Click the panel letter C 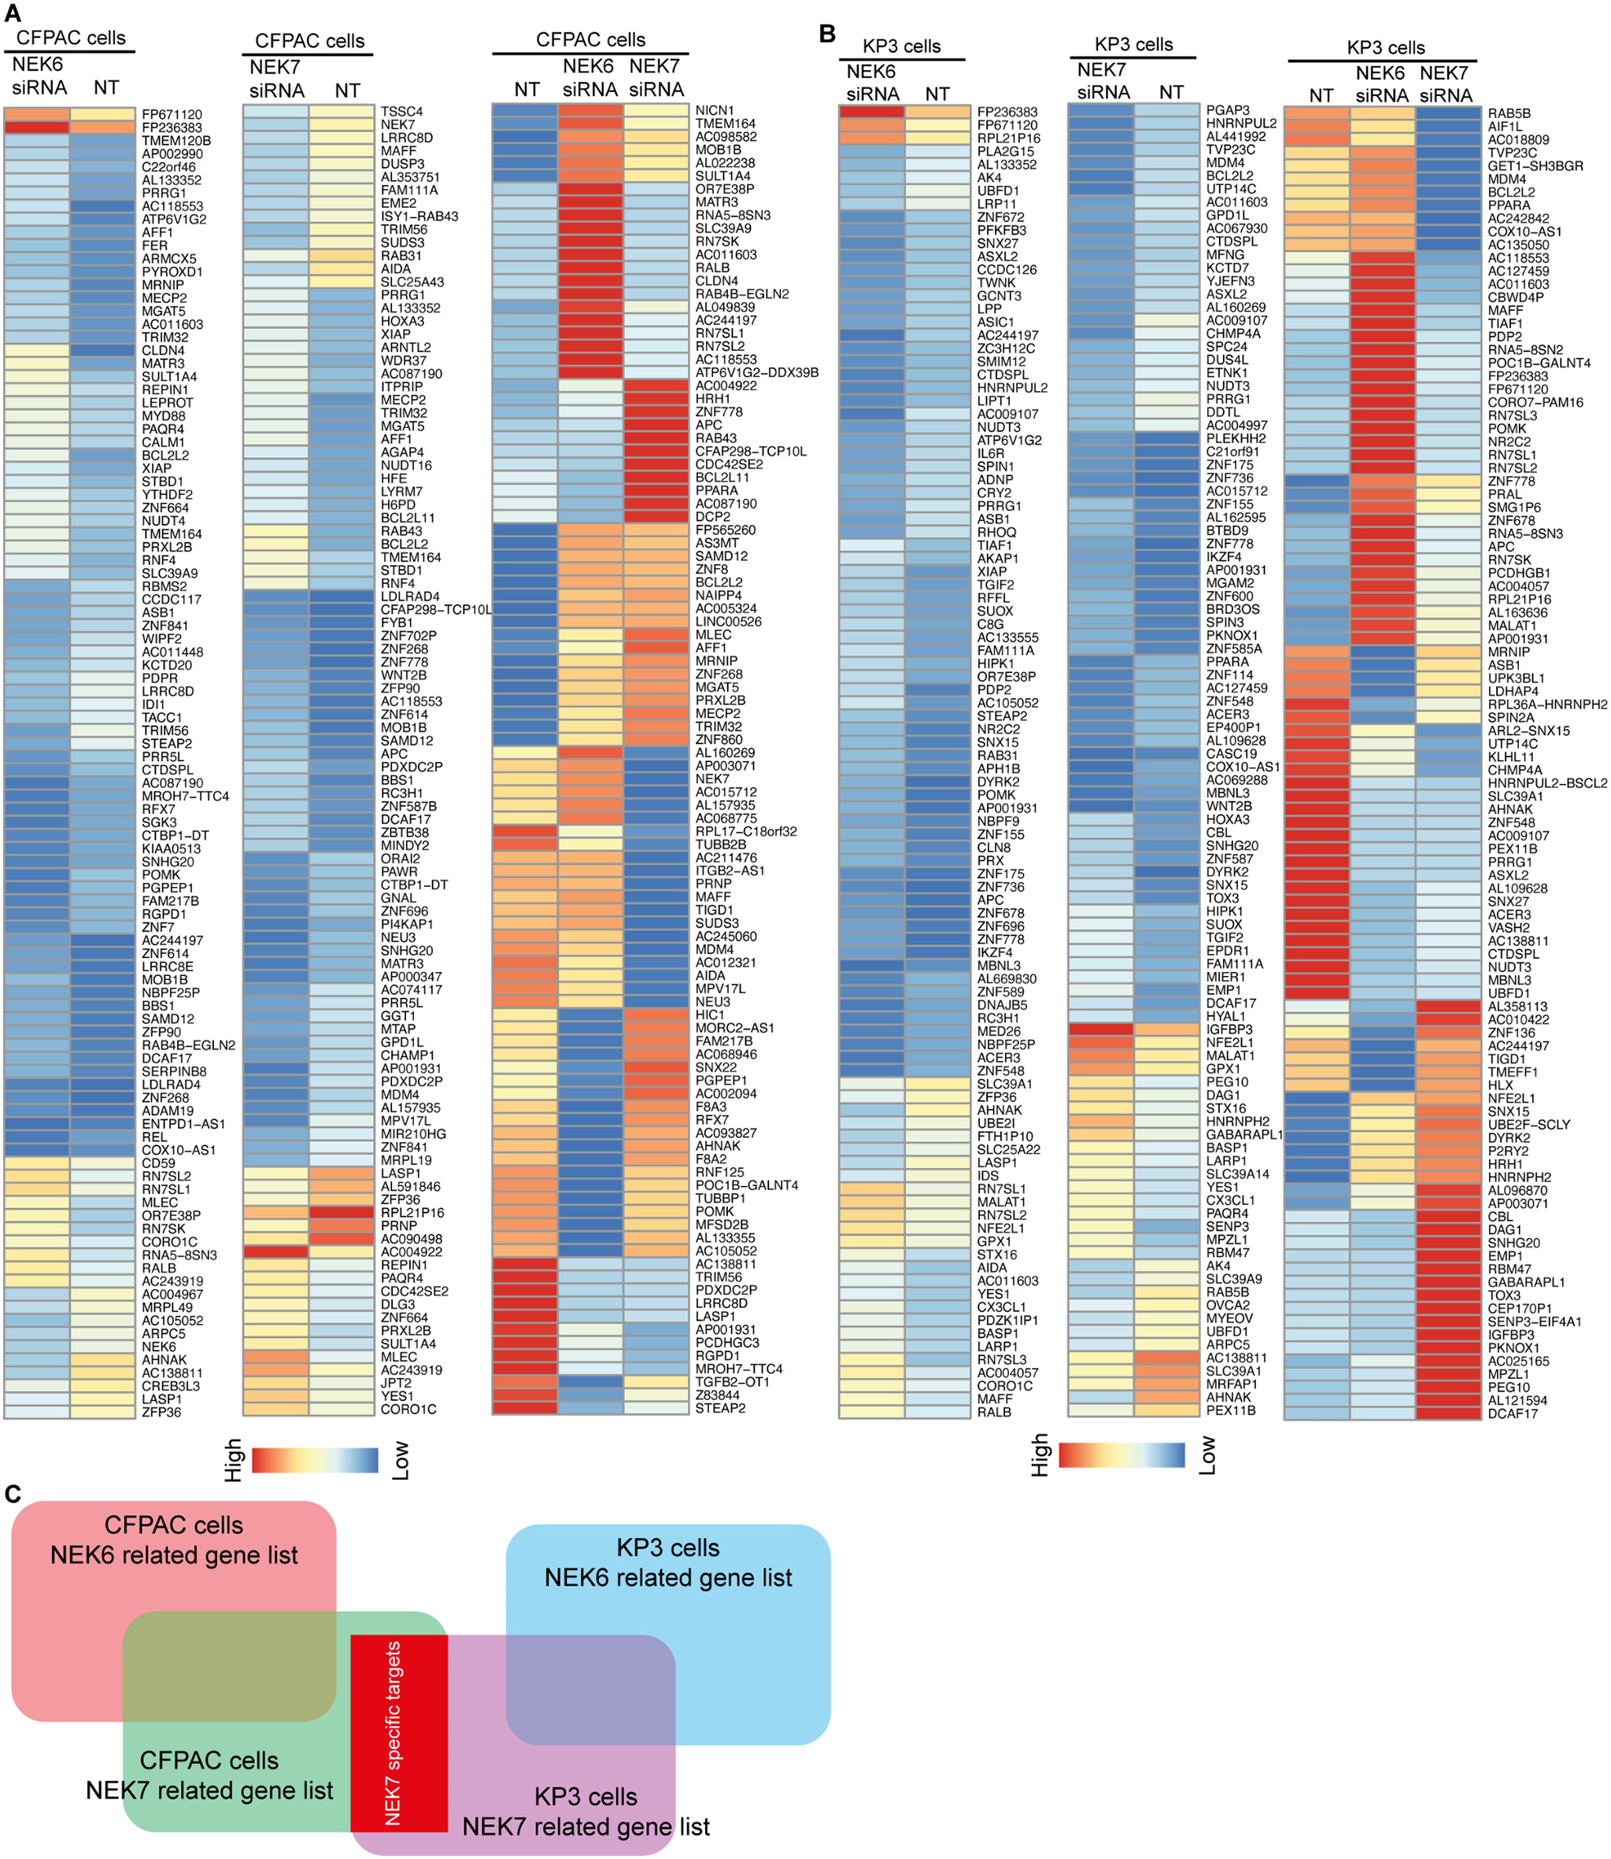click(x=13, y=1494)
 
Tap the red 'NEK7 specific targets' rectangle click(x=398, y=1732)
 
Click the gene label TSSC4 click(x=401, y=112)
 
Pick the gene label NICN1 click(x=715, y=110)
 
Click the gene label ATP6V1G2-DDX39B click(x=756, y=372)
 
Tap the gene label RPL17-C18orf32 click(x=745, y=832)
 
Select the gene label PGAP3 click(x=1227, y=109)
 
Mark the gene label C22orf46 click(x=168, y=167)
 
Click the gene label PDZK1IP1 click(x=1007, y=1321)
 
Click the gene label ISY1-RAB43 click(x=419, y=216)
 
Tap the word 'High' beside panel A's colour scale click(x=233, y=1460)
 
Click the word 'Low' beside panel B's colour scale click(x=1207, y=1454)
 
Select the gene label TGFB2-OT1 click(x=732, y=1383)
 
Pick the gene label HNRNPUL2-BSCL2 click(x=1546, y=783)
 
